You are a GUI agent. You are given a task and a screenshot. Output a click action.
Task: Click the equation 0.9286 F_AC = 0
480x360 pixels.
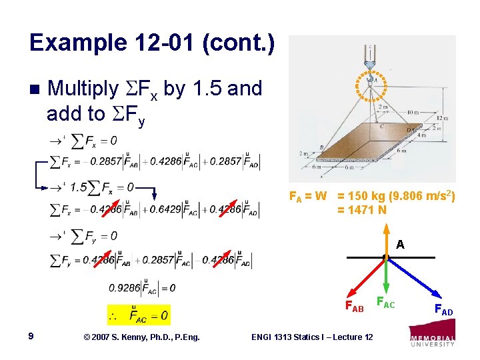pyautogui.click(x=142, y=288)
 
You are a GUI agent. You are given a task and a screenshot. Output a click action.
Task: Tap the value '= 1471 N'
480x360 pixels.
pyautogui.click(x=362, y=210)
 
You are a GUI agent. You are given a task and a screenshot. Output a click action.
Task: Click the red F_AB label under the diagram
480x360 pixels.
pyautogui.click(x=353, y=307)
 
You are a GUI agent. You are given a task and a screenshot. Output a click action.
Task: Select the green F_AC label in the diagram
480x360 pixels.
pyautogui.click(x=385, y=304)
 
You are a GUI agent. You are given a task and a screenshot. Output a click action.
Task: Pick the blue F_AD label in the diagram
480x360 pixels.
pyautogui.click(x=443, y=311)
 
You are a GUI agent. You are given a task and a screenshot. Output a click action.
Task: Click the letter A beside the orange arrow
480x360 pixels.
pyautogui.click(x=399, y=245)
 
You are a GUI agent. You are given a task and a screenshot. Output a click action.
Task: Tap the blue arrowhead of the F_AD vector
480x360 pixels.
pyautogui.click(x=437, y=294)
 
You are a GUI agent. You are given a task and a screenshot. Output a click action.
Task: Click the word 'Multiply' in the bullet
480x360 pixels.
pyautogui.click(x=83, y=88)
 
